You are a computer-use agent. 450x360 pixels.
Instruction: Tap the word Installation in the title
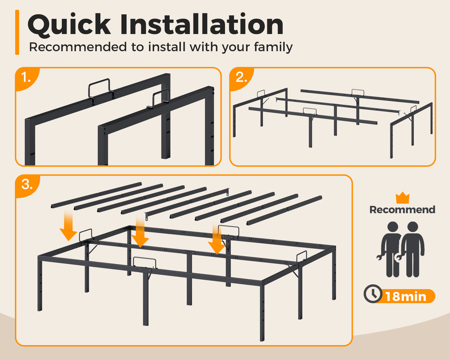point(202,24)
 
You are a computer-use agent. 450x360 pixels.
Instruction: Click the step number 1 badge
point(26,78)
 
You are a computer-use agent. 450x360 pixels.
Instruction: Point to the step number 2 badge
point(241,78)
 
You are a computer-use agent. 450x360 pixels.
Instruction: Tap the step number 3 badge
point(27,185)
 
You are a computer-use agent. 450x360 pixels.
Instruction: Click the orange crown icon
point(403,198)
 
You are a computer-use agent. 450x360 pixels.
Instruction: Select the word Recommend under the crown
point(402,210)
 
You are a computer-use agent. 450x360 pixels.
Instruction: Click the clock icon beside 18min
point(373,294)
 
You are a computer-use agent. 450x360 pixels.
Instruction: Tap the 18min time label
point(406,296)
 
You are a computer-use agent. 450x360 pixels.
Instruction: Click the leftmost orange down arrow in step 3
point(69,226)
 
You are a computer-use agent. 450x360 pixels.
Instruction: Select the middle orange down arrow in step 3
point(140,232)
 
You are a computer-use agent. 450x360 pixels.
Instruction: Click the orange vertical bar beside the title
point(17,32)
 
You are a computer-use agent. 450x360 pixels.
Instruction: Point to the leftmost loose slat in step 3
point(97,195)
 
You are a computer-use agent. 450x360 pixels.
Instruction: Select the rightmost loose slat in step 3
point(284,210)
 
